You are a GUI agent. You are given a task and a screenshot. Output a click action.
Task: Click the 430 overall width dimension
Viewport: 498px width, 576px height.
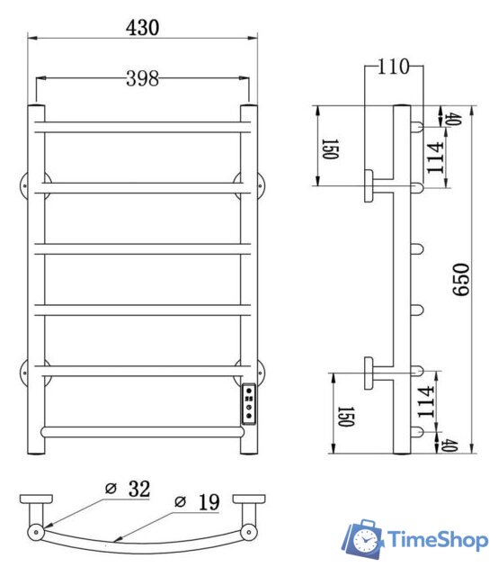coord(142,27)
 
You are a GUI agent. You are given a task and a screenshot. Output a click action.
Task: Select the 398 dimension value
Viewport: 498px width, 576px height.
coord(142,78)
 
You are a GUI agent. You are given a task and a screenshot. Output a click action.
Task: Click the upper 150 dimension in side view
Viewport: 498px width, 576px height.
coord(328,148)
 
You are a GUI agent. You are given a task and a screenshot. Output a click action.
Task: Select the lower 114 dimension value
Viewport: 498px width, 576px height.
coord(425,399)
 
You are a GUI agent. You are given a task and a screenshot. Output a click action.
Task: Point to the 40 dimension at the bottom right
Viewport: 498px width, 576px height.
coord(450,445)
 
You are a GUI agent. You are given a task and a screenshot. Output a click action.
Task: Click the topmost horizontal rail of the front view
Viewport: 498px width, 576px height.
coord(142,128)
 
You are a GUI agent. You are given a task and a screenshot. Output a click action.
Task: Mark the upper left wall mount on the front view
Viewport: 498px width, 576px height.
coord(28,185)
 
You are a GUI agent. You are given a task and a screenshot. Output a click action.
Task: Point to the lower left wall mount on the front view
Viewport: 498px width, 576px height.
coord(28,371)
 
